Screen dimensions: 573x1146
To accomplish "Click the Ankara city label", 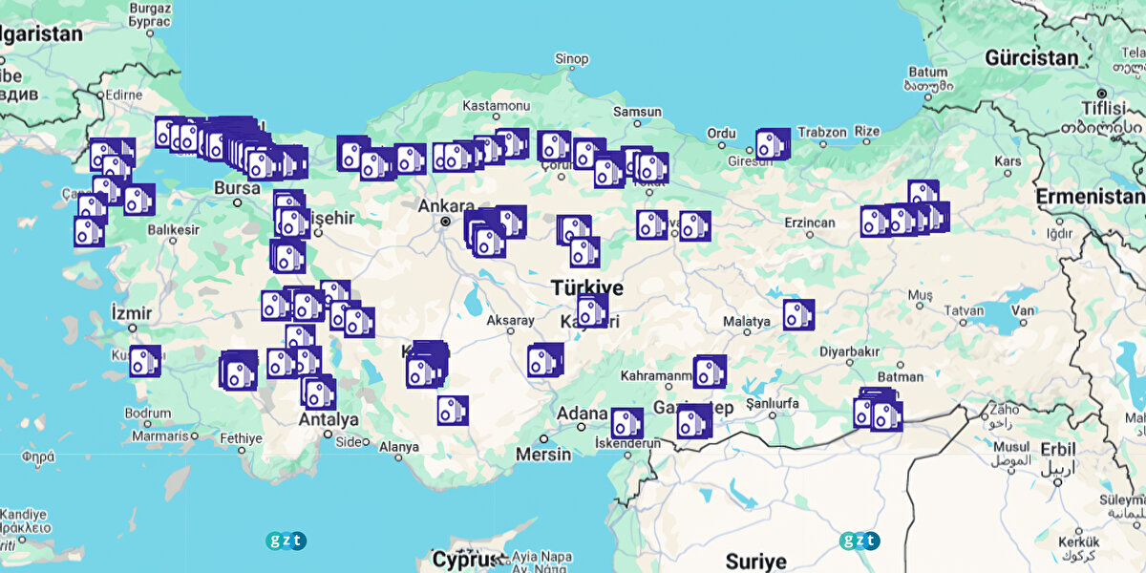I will (x=446, y=205).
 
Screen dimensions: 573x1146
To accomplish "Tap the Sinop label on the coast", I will (x=572, y=59).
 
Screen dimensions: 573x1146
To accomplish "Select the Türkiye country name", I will (x=586, y=288).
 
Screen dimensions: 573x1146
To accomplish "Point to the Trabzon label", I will (x=821, y=132).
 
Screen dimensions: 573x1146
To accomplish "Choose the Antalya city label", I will (x=329, y=419).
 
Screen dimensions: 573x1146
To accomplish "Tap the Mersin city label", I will (x=543, y=454).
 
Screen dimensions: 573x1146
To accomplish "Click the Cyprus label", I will (x=467, y=559).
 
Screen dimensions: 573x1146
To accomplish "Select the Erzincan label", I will (x=809, y=223).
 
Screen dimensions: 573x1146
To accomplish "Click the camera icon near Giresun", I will (x=772, y=144).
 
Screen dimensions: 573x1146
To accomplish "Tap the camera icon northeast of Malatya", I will (x=797, y=314).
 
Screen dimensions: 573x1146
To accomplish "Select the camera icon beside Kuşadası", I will (x=144, y=361).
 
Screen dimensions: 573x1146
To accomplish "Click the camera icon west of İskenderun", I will (x=626, y=423).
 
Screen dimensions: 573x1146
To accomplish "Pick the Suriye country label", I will (x=755, y=560).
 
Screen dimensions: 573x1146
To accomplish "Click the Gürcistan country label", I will (x=1031, y=57).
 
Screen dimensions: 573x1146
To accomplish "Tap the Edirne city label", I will (x=124, y=95).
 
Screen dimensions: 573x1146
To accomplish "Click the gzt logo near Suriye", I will (x=859, y=541).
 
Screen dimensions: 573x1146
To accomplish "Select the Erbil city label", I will (x=1058, y=449).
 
